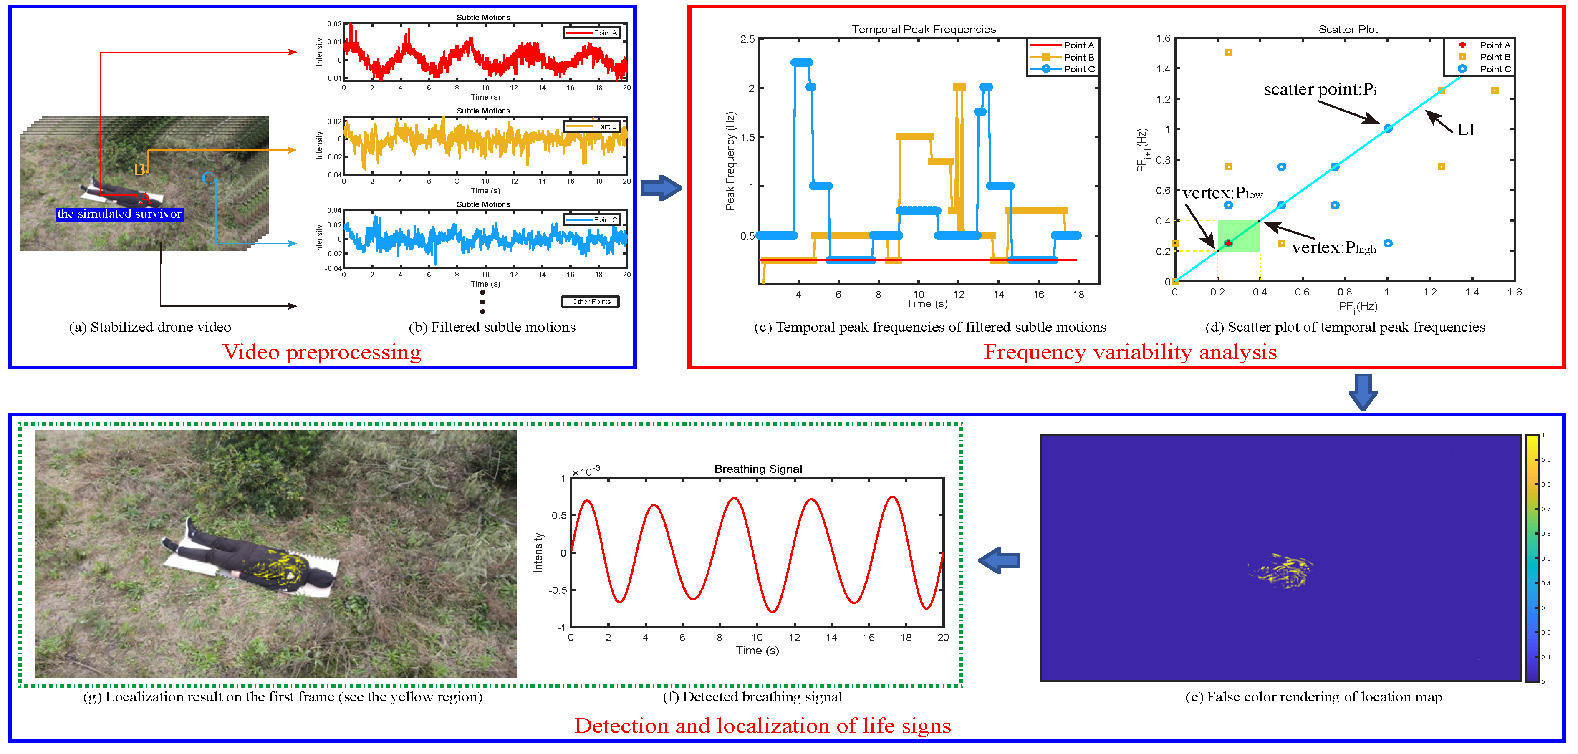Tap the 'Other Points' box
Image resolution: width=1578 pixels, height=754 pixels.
point(591,301)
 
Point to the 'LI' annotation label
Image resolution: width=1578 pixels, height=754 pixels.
point(1465,130)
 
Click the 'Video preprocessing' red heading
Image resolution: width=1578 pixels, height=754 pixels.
point(322,352)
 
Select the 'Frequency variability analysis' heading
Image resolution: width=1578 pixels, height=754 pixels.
point(1130,352)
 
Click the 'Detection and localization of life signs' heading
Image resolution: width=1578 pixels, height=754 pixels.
point(762,726)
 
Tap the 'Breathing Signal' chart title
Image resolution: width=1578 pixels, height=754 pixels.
point(758,469)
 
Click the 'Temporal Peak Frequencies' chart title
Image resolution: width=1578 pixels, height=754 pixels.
point(923,29)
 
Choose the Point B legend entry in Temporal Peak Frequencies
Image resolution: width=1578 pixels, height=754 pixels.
point(1063,57)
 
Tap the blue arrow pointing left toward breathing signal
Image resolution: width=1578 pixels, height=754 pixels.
point(999,560)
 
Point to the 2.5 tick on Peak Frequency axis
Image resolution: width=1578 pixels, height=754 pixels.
point(747,39)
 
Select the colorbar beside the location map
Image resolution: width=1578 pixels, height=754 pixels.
point(1531,557)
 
